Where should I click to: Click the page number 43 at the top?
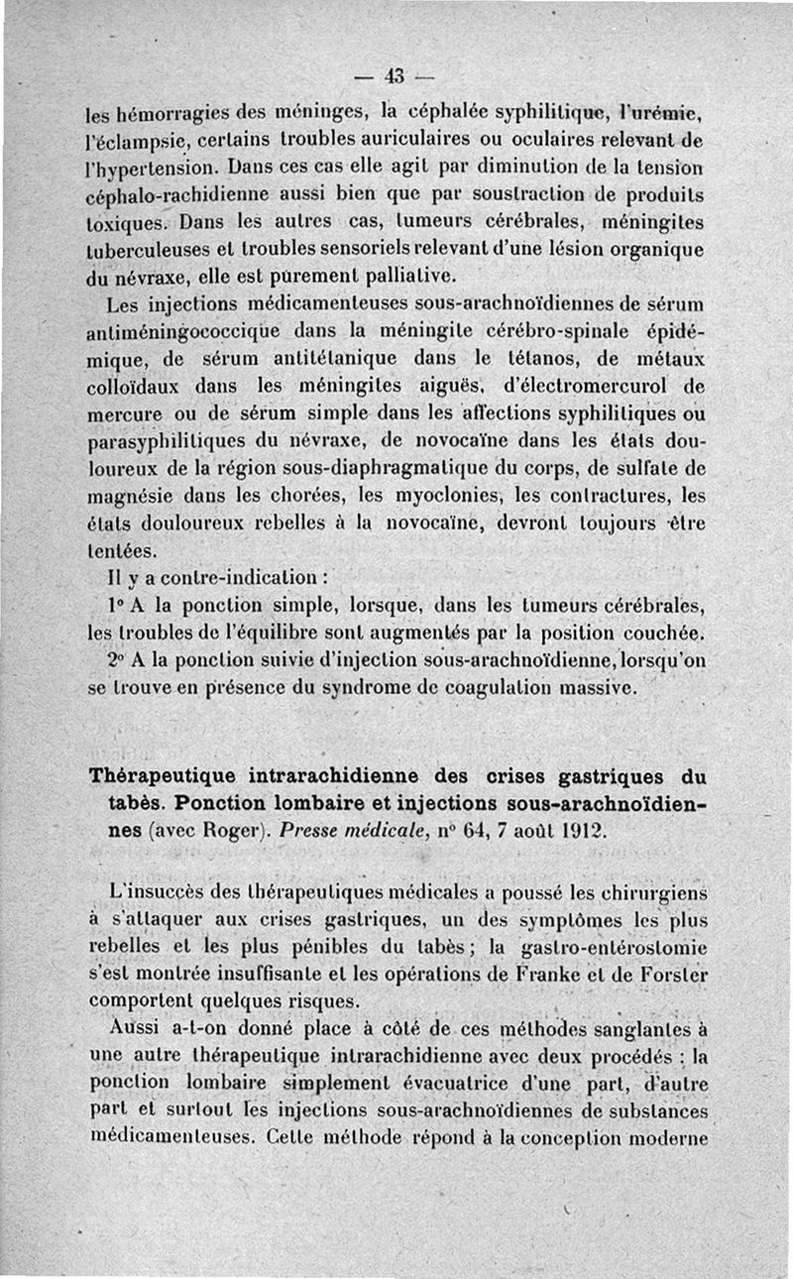(396, 75)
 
